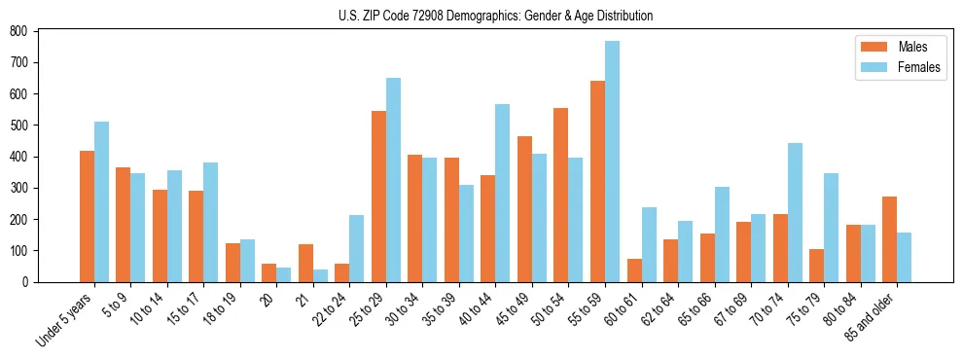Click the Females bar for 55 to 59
612,162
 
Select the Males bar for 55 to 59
597,181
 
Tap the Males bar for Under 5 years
87,216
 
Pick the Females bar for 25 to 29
393,180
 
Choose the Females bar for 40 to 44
503,193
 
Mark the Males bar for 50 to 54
561,195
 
